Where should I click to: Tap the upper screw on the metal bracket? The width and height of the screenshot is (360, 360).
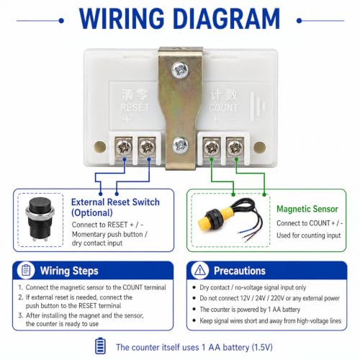[180, 70]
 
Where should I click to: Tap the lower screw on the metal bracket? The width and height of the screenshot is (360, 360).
[180, 145]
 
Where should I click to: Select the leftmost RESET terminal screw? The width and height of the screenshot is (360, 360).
[124, 147]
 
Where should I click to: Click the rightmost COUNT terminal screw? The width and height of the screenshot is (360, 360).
[235, 147]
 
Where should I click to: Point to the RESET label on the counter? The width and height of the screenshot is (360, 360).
[135, 107]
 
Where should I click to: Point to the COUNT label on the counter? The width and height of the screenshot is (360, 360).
[223, 107]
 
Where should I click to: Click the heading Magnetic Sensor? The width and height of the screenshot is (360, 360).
[307, 209]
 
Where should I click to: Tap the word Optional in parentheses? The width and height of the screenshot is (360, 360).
[92, 213]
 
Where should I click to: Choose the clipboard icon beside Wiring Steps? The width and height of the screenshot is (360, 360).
[26, 271]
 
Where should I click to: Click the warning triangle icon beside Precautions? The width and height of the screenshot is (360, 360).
[199, 271]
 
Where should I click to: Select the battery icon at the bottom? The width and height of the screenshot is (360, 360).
[100, 346]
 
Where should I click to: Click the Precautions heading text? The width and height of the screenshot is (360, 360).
[240, 271]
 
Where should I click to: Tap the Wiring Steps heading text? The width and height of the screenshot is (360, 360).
[69, 271]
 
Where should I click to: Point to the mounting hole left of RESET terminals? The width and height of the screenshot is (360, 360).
[100, 147]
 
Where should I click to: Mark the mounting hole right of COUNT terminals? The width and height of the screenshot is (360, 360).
[259, 147]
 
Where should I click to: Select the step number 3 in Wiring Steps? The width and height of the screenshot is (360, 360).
[21, 315]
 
